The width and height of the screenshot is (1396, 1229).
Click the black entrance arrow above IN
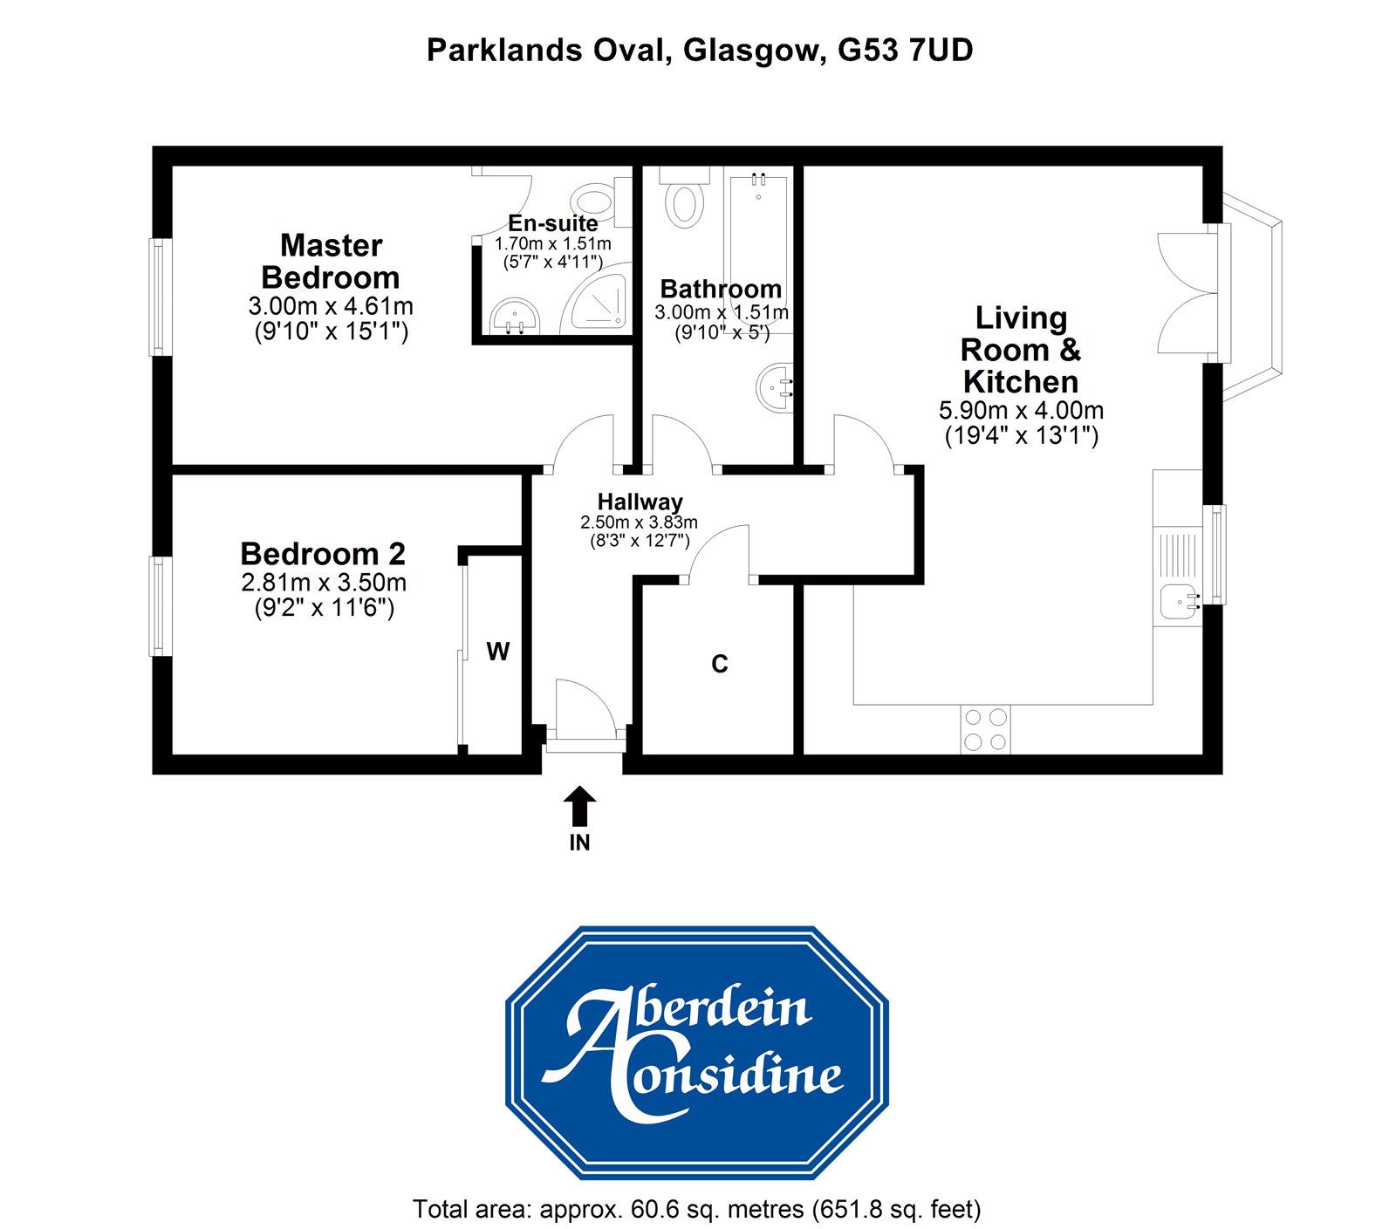pos(579,806)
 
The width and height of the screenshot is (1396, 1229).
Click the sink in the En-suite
pos(514,315)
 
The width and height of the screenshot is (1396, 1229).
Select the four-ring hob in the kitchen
pos(984,729)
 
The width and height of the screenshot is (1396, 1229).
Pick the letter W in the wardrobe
pos(497,652)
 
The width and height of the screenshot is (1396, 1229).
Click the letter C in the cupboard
pos(720,665)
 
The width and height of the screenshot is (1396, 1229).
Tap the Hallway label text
pos(640,502)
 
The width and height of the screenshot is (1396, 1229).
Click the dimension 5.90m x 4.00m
pos(1021,410)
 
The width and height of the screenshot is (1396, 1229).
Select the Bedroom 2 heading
pos(323,554)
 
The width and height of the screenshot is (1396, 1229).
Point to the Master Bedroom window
pos(158,297)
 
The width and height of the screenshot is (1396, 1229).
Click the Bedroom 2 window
pos(158,606)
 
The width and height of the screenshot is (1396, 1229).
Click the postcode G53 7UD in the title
pos(906,51)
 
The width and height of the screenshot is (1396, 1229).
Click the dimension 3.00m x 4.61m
pos(331,307)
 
